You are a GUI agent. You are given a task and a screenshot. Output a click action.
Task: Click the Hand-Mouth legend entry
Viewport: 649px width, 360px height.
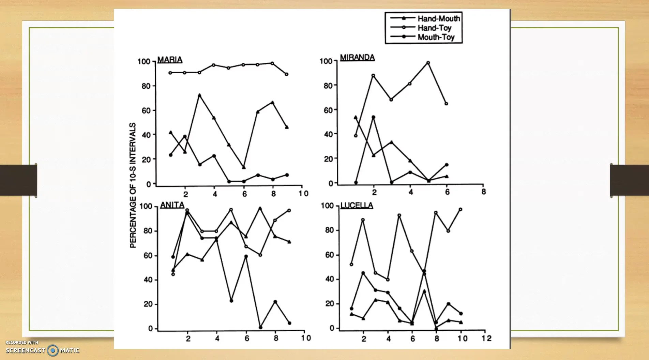coord(438,18)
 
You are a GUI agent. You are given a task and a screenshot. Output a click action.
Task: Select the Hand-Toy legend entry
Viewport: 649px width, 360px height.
coord(434,28)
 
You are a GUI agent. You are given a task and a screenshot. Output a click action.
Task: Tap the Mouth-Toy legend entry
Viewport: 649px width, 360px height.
coord(436,37)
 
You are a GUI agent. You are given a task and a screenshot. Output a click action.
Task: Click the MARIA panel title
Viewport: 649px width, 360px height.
coord(170,60)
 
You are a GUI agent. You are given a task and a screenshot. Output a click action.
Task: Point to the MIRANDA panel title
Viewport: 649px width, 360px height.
coord(357,57)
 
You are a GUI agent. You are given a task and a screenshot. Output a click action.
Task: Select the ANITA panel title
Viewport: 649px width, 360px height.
coord(172,205)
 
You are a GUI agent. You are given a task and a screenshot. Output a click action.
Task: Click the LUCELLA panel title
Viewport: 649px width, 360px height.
coord(357,205)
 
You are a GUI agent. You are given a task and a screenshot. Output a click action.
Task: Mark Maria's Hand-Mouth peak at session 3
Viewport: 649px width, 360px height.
coord(199,95)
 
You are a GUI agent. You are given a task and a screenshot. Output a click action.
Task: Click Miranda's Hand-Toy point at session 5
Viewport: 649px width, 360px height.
coord(428,63)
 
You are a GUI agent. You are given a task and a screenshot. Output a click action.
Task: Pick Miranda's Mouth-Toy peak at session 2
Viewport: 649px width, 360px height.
coord(373,117)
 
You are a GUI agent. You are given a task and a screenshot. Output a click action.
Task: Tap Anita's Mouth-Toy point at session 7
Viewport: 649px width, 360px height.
coord(260,327)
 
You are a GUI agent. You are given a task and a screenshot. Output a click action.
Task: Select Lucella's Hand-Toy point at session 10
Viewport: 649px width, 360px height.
coord(461,209)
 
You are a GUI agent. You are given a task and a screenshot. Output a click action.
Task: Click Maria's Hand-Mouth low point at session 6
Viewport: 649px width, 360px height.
coord(244,167)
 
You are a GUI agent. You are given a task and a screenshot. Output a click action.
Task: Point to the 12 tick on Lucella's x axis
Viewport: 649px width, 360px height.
coord(486,338)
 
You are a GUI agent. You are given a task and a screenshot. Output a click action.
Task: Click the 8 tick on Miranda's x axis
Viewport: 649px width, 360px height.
coord(483,192)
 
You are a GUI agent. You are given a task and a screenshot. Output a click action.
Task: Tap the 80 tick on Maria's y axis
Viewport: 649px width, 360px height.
coord(146,86)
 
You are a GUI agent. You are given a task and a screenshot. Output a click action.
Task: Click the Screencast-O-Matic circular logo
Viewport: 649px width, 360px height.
coord(52,350)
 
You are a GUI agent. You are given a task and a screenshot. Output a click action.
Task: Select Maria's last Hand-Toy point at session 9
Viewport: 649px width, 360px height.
coord(286,74)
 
